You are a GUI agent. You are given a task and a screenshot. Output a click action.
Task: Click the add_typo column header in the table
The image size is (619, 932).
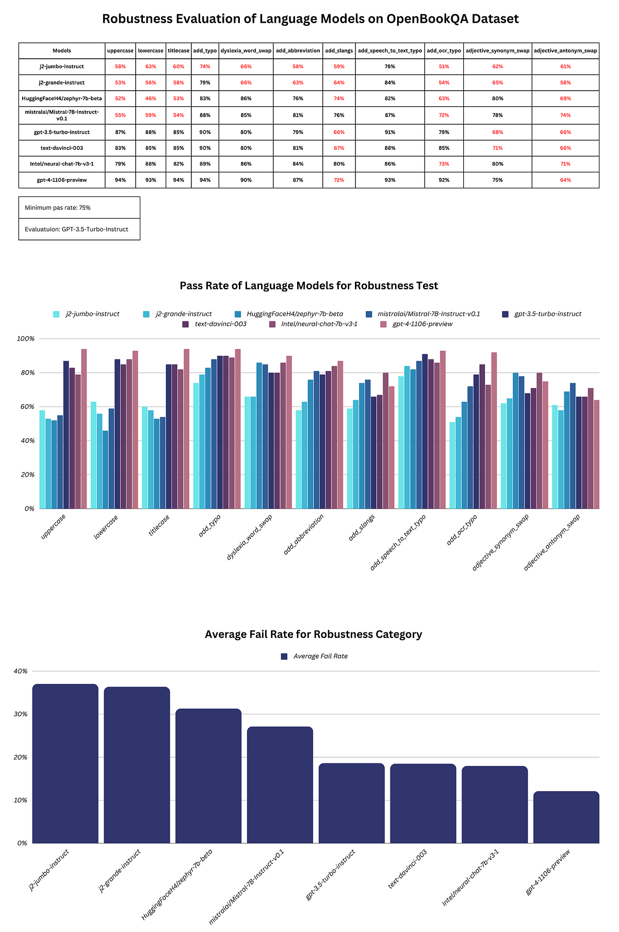205,51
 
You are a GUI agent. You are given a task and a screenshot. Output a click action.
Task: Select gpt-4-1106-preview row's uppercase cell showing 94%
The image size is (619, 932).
120,180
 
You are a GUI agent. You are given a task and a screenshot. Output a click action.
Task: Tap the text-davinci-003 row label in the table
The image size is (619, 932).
62,148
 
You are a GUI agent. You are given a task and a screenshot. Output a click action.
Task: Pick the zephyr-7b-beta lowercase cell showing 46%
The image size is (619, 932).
151,99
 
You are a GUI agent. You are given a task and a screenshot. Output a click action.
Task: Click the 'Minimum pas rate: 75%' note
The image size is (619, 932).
58,207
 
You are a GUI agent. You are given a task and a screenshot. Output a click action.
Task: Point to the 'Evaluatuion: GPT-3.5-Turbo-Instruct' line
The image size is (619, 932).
76,229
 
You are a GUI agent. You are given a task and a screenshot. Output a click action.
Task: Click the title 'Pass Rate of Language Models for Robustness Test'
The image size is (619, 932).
309,286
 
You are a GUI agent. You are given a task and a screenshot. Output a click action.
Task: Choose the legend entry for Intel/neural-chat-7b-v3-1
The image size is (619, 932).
319,324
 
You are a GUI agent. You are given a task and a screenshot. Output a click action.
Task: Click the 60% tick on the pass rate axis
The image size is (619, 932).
26,407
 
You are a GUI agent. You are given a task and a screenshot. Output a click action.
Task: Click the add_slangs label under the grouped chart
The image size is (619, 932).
362,527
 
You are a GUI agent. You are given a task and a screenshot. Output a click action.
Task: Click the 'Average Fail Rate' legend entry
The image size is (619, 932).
320,656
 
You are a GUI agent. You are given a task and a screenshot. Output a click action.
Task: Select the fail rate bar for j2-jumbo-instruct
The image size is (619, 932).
65,763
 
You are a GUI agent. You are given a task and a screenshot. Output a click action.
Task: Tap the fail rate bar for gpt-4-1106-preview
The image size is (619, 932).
566,817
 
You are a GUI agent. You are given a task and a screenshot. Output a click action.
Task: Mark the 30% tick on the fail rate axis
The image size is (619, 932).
22,714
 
